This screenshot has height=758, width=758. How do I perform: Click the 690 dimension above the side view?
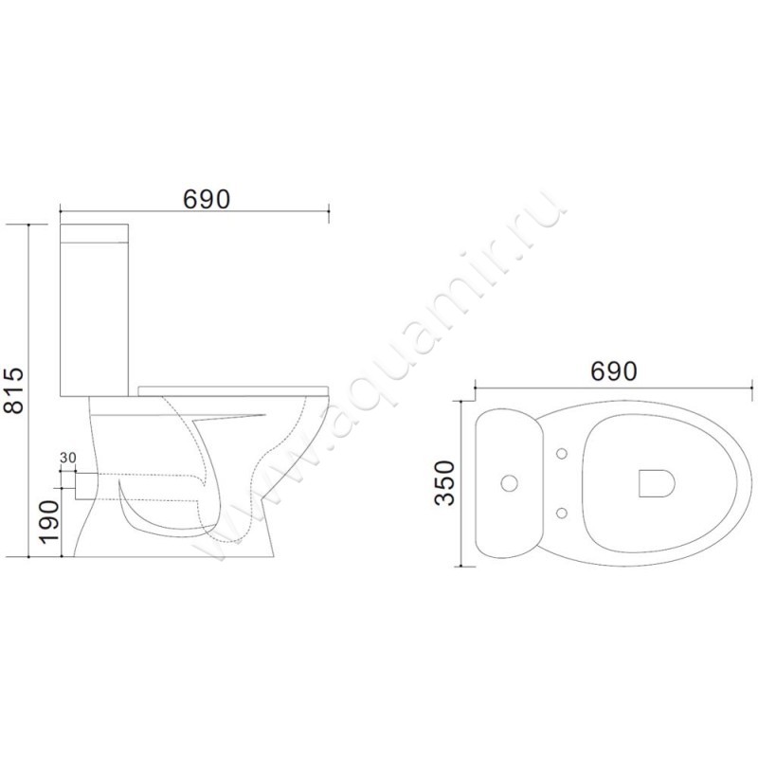207,199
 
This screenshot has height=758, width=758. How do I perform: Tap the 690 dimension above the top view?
614,371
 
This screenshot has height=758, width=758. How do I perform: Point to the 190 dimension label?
50,523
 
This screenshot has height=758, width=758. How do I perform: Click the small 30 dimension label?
68,457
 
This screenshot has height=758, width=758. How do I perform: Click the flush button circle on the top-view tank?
510,483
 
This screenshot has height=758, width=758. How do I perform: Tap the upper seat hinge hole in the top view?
562,454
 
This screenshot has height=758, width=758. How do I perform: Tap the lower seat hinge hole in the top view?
562,512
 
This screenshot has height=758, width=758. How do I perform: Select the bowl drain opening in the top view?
656,483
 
